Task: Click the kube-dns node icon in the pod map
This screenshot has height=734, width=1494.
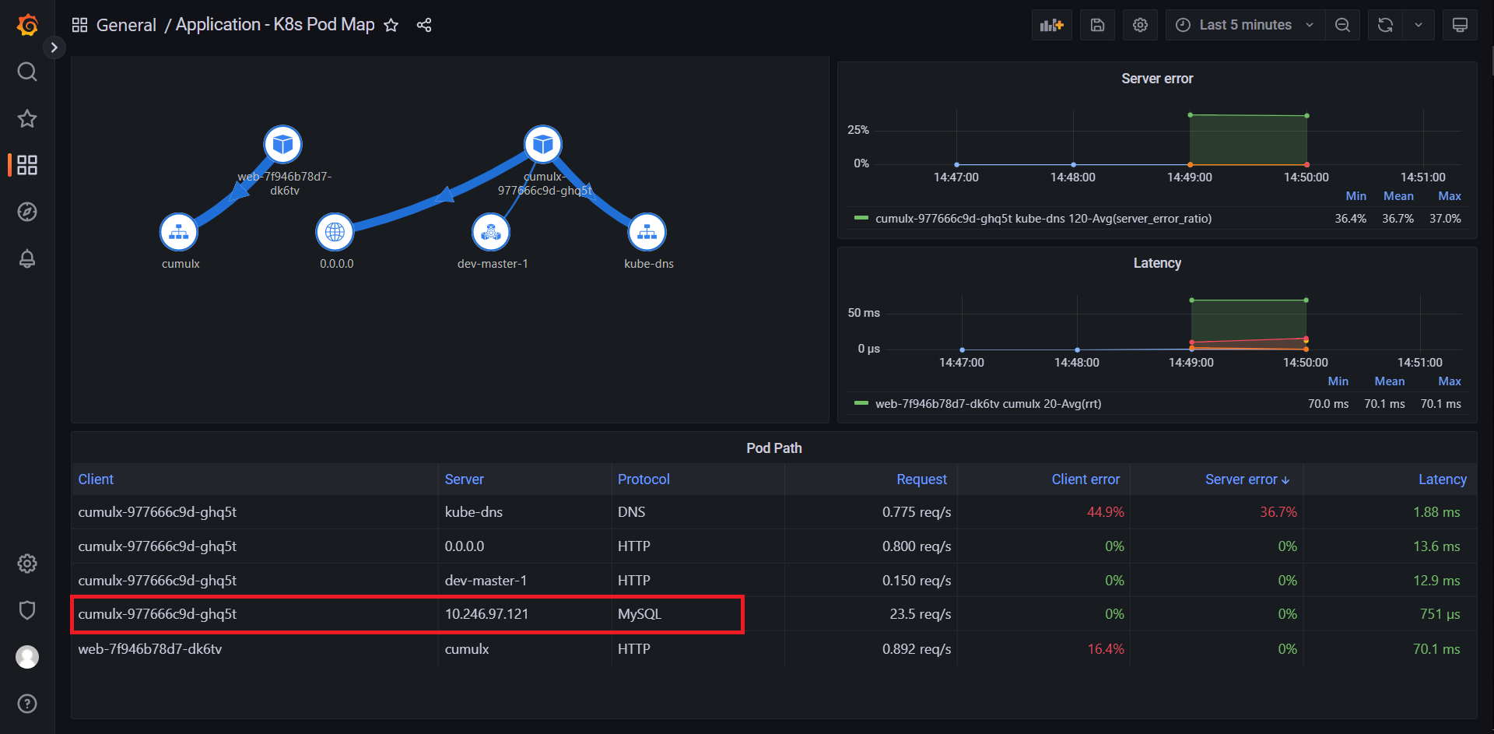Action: pyautogui.click(x=647, y=232)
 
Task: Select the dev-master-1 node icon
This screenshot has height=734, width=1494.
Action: pyautogui.click(x=491, y=232)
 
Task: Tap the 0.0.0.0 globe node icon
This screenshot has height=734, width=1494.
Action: pyautogui.click(x=335, y=232)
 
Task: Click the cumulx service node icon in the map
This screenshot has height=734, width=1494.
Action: pyautogui.click(x=179, y=232)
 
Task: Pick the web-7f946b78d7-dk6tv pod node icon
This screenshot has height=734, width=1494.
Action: pyautogui.click(x=282, y=144)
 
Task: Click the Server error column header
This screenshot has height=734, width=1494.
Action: pyautogui.click(x=1241, y=479)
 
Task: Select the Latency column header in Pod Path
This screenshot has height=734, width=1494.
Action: pyautogui.click(x=1442, y=479)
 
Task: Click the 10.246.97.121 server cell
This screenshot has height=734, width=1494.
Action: pyautogui.click(x=486, y=614)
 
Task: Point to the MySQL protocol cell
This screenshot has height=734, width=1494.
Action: pyautogui.click(x=639, y=614)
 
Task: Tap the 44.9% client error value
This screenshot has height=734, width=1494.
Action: pyautogui.click(x=1105, y=512)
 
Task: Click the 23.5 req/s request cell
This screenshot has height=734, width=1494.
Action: pyautogui.click(x=920, y=614)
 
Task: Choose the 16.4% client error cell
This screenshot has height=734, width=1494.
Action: pyautogui.click(x=1105, y=649)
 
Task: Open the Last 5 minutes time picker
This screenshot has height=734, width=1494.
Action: pyautogui.click(x=1244, y=25)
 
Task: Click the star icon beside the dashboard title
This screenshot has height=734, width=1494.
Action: pyautogui.click(x=391, y=26)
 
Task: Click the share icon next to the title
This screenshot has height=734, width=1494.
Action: pyautogui.click(x=424, y=26)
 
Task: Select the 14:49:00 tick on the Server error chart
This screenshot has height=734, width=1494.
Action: pyautogui.click(x=1189, y=177)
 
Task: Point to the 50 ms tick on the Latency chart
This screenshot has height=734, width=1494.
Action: pyautogui.click(x=864, y=313)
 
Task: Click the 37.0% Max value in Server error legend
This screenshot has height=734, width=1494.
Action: pyautogui.click(x=1444, y=219)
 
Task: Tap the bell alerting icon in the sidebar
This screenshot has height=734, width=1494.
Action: pyautogui.click(x=27, y=258)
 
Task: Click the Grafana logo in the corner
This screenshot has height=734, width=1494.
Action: pyautogui.click(x=27, y=25)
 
